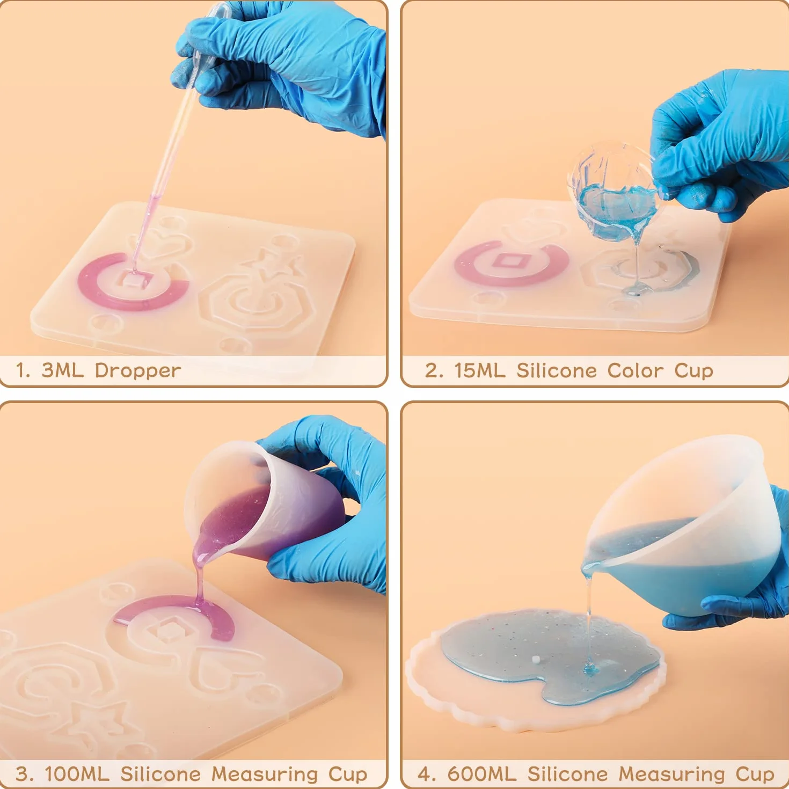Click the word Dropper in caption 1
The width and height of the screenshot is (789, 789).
tap(137, 371)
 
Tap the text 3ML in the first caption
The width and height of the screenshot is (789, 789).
tap(63, 370)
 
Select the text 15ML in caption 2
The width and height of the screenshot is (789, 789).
tap(479, 370)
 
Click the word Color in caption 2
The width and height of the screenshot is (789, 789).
tap(635, 370)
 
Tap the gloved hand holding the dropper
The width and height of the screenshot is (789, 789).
tap(282, 61)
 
